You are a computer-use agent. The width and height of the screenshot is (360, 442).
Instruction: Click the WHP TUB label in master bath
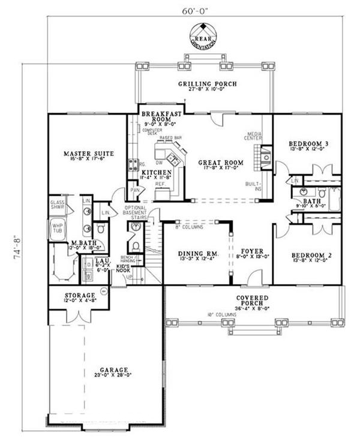tap(58, 229)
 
